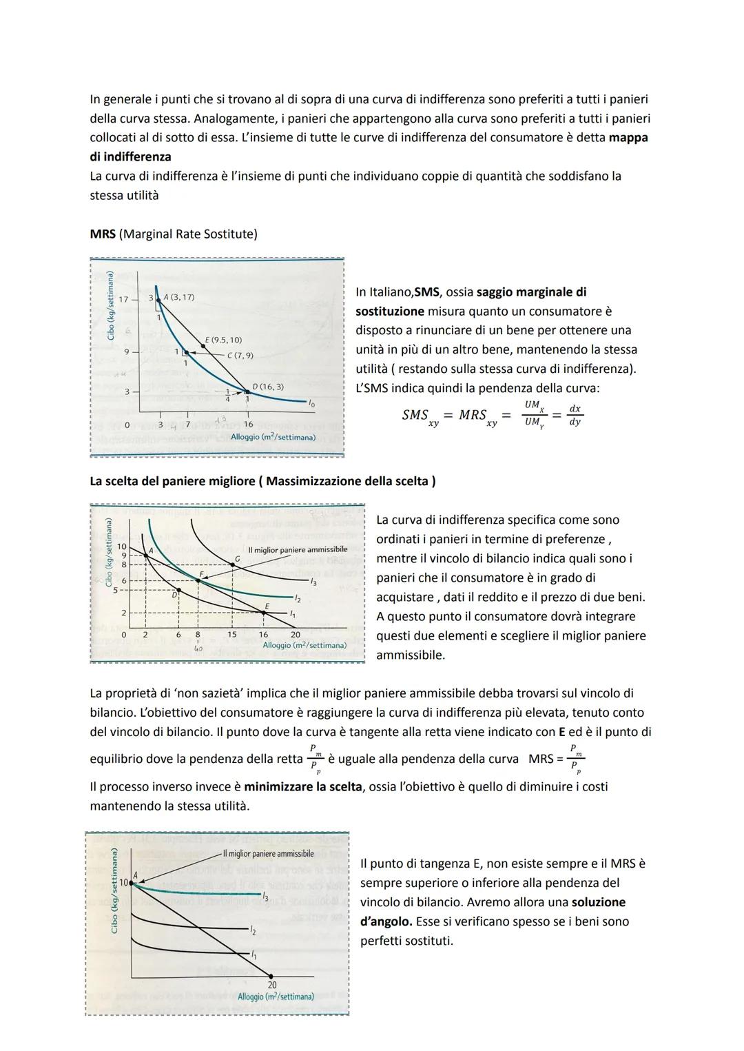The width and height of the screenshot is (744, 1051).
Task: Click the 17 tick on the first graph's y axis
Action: (124, 300)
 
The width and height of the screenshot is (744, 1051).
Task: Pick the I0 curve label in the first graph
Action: (311, 402)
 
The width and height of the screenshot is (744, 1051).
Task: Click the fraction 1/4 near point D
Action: (227, 396)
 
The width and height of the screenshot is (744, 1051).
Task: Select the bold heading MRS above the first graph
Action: (103, 234)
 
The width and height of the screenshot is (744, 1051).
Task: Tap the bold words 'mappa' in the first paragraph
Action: (628, 137)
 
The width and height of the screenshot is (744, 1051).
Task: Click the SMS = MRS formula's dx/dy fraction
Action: (575, 415)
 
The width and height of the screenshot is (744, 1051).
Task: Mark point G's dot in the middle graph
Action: (233, 565)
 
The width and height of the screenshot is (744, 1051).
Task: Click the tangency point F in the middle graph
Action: (198, 580)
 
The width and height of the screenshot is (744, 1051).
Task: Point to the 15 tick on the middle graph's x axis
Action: (231, 635)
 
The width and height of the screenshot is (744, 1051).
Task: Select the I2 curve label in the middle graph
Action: (297, 598)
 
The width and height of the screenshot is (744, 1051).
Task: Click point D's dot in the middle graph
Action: (179, 591)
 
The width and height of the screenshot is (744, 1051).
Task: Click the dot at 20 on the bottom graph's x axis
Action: (271, 976)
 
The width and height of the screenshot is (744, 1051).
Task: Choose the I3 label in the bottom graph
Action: (265, 896)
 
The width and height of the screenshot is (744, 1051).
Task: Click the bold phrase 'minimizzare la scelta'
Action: (302, 786)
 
